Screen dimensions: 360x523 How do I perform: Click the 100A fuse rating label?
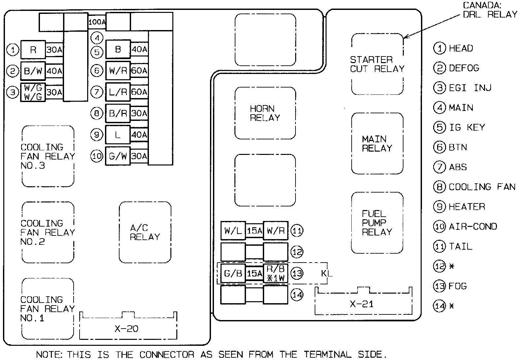point(97,22)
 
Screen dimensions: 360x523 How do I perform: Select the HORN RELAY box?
point(265,113)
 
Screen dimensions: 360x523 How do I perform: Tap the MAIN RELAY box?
point(377,144)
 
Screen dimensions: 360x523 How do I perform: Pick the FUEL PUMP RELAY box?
point(377,223)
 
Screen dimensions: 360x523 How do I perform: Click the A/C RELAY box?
point(145,233)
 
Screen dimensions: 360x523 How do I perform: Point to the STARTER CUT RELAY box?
point(377,64)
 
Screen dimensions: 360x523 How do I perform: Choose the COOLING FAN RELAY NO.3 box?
point(48,156)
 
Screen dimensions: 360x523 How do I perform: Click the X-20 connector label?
point(126,329)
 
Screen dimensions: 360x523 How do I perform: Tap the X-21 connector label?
point(362,304)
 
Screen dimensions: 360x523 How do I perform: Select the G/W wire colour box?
point(118,156)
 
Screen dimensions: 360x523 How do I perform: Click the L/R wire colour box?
point(118,92)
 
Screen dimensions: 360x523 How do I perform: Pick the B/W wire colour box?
point(33,71)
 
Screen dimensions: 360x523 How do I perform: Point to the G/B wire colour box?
point(233,273)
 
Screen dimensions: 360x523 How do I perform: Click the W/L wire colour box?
point(233,231)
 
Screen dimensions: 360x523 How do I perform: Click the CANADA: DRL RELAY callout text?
point(490,10)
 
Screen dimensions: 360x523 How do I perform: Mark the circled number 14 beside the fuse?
point(297,295)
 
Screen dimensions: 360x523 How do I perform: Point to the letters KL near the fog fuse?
point(327,273)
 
